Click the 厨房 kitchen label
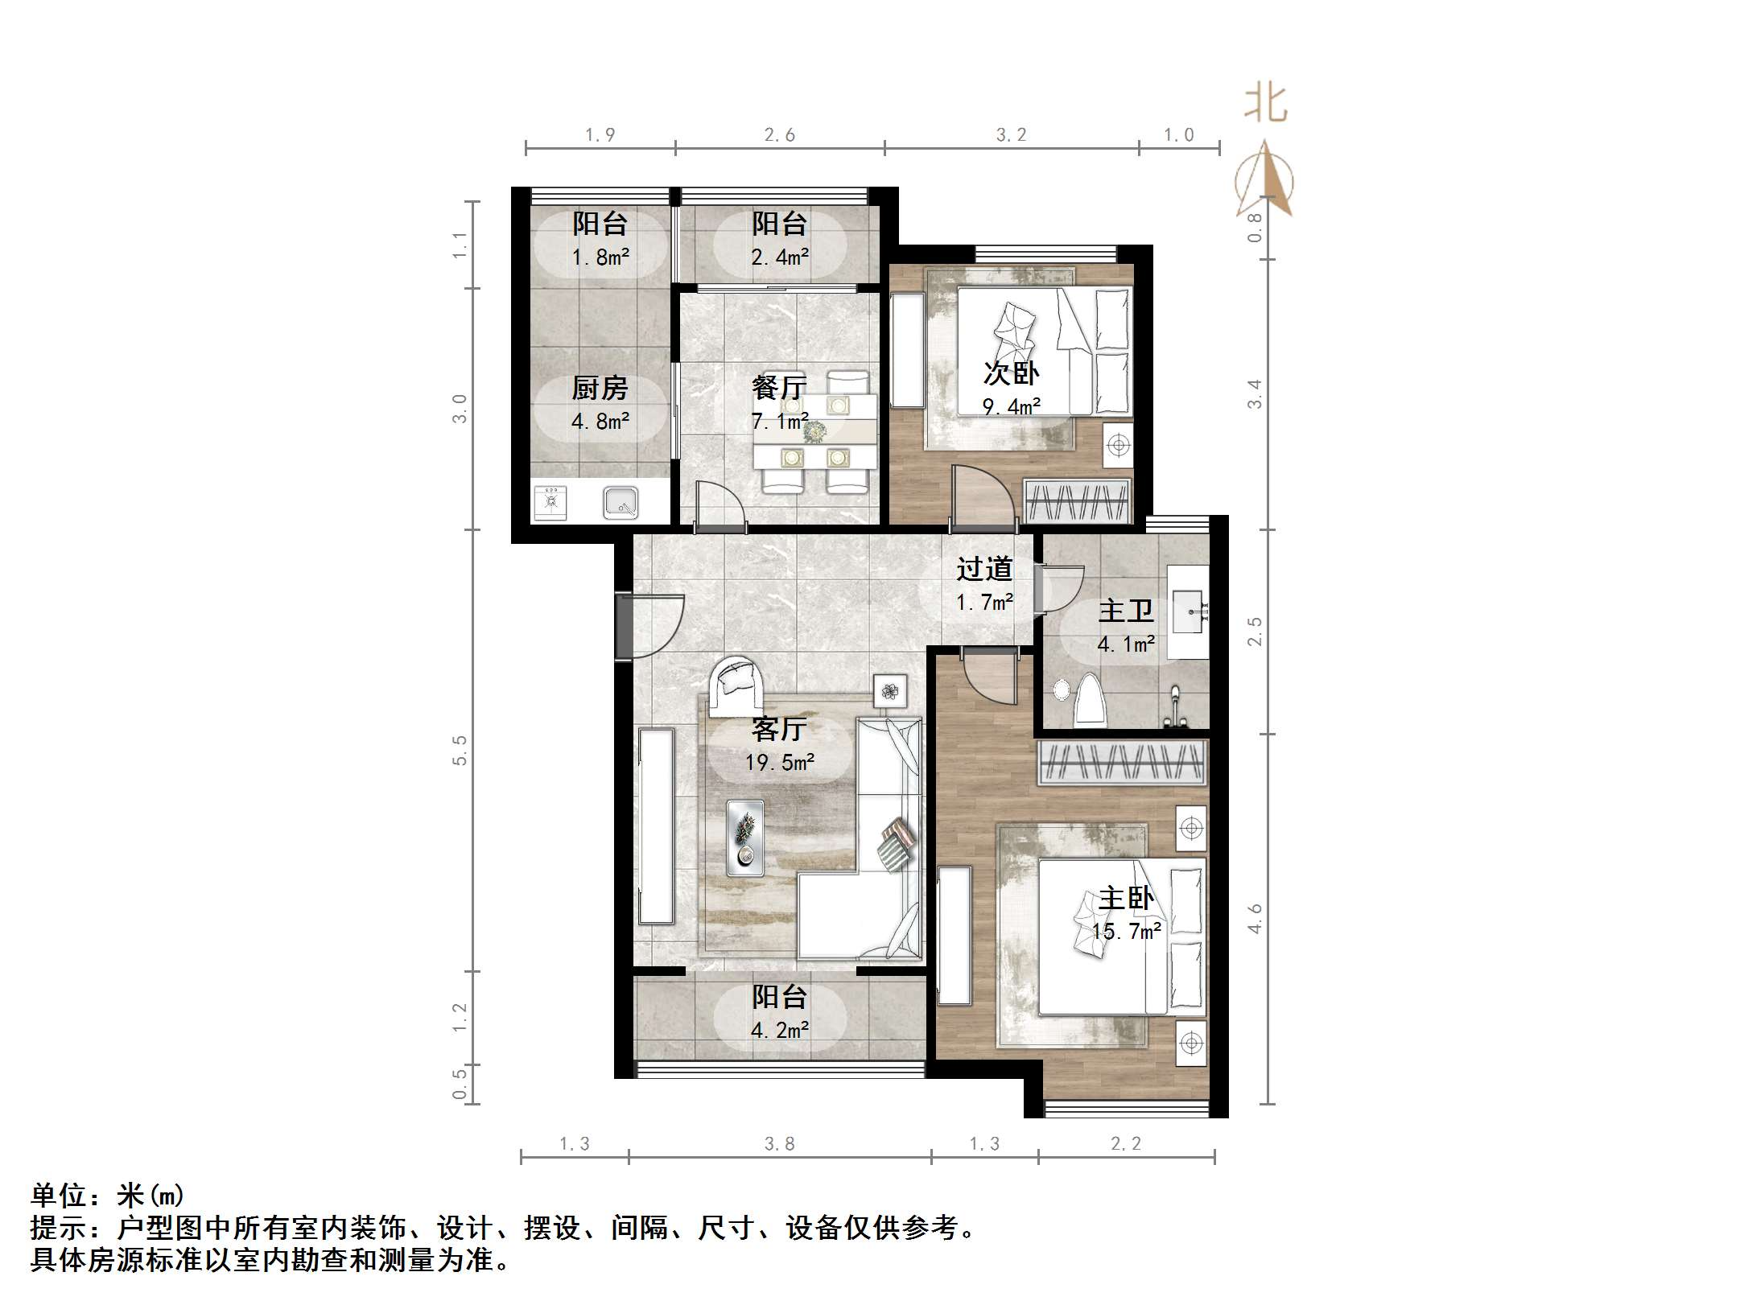(600, 389)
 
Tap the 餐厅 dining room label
(778, 389)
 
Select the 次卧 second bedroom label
(1011, 373)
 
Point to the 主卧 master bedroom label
(1126, 898)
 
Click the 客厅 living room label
(778, 729)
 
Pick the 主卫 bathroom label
(1126, 611)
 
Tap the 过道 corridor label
(983, 569)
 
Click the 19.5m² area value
(779, 762)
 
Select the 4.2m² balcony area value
(779, 1030)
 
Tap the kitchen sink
(621, 503)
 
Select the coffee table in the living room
(745, 837)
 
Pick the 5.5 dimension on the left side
(460, 750)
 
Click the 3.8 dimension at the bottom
(779, 1143)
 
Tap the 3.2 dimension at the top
(1011, 134)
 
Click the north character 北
(1265, 105)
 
